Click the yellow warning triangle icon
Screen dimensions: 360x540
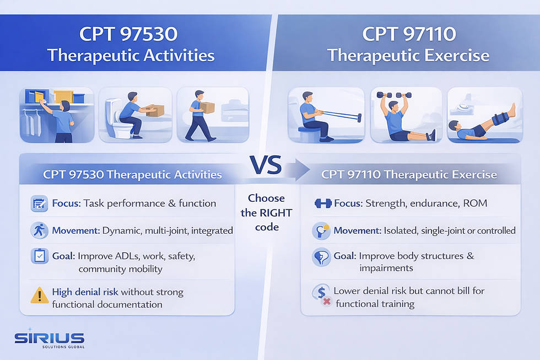(x=39, y=295)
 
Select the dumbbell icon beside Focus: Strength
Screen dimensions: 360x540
(x=323, y=203)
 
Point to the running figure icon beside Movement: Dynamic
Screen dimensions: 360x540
(x=39, y=230)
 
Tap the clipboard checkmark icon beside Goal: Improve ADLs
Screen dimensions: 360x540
(x=39, y=256)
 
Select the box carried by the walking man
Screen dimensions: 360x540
(x=207, y=108)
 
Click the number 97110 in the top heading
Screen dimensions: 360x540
(x=425, y=35)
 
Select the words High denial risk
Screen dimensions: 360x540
(x=85, y=292)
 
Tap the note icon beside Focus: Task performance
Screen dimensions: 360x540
(x=39, y=203)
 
